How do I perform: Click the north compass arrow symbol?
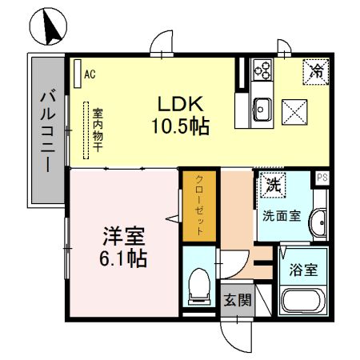tap(48, 27)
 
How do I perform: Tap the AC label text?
tap(90, 74)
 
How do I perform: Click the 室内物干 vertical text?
tap(97, 132)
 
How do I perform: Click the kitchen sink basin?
tap(262, 105)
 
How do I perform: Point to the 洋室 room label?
tap(122, 237)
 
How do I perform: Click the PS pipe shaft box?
tap(322, 178)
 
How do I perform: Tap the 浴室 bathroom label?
tap(304, 270)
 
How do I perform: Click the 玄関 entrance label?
tap(237, 300)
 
